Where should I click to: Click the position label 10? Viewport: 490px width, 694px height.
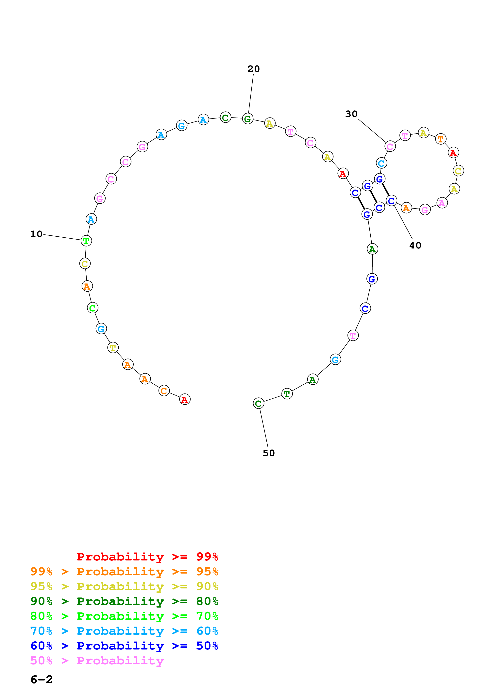coord(36,234)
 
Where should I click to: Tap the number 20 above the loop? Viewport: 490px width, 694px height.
coord(253,69)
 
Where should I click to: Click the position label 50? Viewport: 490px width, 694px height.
coord(269,453)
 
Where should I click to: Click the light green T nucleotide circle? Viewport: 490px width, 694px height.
coord(86,241)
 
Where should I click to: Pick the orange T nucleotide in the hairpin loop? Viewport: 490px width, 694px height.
coord(441,139)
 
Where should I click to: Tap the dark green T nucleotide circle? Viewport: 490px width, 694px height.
coord(287,394)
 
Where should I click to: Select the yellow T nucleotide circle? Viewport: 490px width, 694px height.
coord(113,348)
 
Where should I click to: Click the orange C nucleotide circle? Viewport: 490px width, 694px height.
coord(164,391)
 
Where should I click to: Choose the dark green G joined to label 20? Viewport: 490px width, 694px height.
coord(247,119)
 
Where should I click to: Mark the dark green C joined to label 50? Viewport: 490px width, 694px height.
coord(258,403)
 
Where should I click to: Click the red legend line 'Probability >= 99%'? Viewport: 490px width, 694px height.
coord(147,557)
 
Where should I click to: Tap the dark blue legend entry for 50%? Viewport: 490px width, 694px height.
coord(124,646)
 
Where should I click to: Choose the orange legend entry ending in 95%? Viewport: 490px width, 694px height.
coord(124,572)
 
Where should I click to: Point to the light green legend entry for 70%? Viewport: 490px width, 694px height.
coord(124,616)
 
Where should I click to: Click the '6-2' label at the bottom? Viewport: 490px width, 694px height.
coord(42,680)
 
